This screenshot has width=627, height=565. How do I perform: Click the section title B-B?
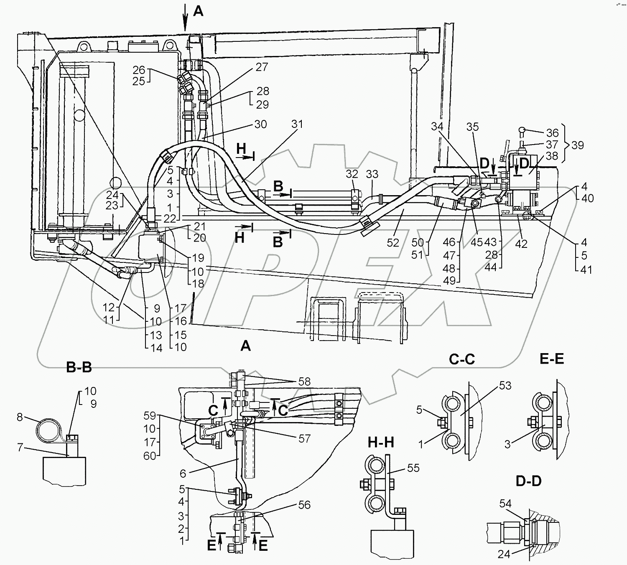[x=79, y=367]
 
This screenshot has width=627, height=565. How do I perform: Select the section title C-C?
[x=461, y=359]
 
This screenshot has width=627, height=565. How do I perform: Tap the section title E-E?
[x=552, y=359]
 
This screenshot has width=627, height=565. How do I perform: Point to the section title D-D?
[x=528, y=481]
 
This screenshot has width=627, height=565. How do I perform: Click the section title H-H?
[x=381, y=441]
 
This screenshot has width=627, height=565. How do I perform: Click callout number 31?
[x=297, y=124]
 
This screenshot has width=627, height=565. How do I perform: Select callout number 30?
[x=260, y=124]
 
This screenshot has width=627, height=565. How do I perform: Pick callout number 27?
[x=261, y=67]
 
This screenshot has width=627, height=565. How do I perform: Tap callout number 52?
[x=393, y=242]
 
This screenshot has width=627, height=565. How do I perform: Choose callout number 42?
[x=521, y=244]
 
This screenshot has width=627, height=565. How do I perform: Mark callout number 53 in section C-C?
[x=505, y=386]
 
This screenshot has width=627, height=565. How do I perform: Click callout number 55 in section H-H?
[x=413, y=468]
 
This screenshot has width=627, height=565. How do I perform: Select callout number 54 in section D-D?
[x=505, y=504]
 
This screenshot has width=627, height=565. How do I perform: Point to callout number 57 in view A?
[x=304, y=438]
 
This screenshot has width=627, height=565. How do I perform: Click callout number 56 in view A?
[x=304, y=505]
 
